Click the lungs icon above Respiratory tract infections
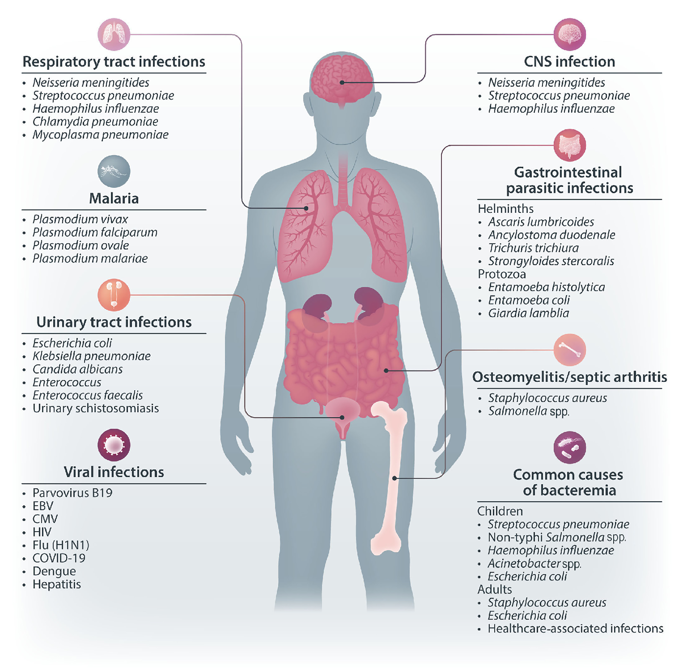[114, 34]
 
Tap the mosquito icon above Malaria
[114, 171]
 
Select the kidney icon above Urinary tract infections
[114, 295]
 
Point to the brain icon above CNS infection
[569, 34]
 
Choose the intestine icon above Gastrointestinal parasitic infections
[569, 145]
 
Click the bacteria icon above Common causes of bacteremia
[569, 447]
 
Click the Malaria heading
[114, 199]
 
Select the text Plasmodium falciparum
[95, 232]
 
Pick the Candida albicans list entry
[78, 369]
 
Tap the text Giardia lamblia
[528, 313]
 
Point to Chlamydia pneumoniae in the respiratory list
[95, 122]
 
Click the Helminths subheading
[505, 209]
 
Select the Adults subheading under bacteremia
[494, 589]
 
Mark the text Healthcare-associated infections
[575, 628]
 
